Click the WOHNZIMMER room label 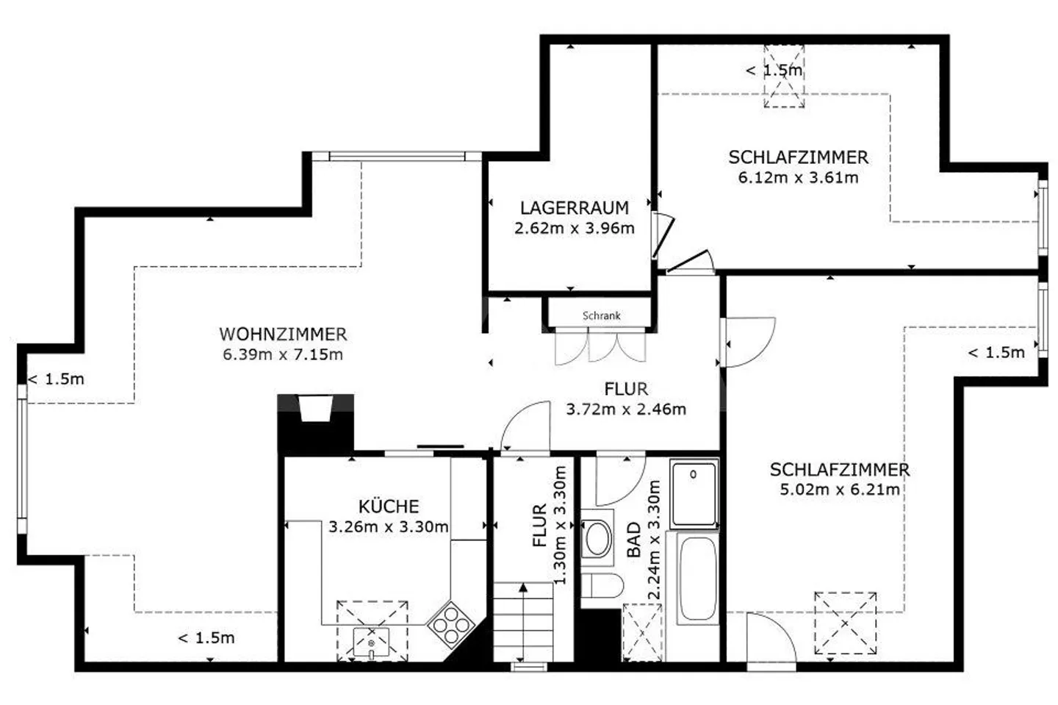coord(283,334)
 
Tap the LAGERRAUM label coord(575,208)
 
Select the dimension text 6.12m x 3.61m coord(798,178)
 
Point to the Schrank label coord(601,315)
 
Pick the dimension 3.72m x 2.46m coord(626,409)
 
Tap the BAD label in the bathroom coord(634,539)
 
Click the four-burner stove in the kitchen coord(450,624)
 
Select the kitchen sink coord(371,643)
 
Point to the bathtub coord(698,578)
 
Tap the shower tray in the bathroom coord(694,494)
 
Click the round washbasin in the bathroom coord(597,537)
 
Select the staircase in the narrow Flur coord(523,622)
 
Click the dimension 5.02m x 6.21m coord(840,490)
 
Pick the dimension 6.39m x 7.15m coord(283,354)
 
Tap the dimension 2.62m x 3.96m coord(575,228)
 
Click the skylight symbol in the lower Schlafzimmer coord(846,623)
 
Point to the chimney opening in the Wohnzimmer coord(316,408)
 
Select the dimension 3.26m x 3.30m coord(389,526)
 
